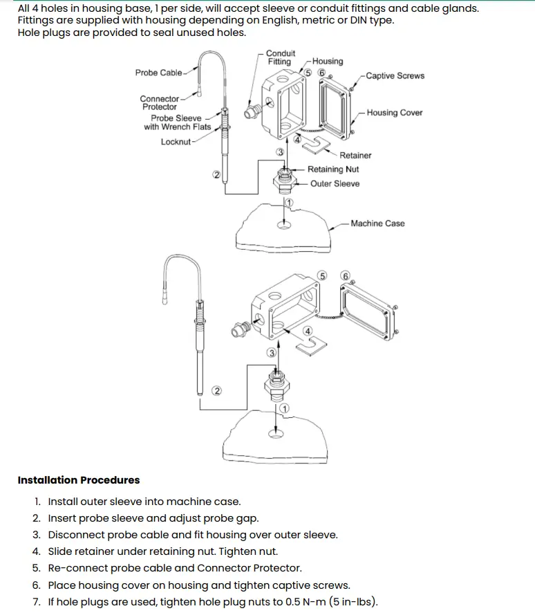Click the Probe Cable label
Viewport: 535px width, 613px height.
pyautogui.click(x=158, y=73)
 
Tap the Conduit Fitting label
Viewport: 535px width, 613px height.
pyautogui.click(x=281, y=57)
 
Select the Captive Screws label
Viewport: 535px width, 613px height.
pyautogui.click(x=395, y=76)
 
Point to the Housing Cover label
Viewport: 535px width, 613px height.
pyautogui.click(x=395, y=113)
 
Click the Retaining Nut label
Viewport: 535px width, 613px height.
pyautogui.click(x=333, y=170)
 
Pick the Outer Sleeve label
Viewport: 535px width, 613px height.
pyautogui.click(x=335, y=184)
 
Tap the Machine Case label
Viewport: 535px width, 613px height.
pyautogui.click(x=377, y=223)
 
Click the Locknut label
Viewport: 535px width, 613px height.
pyautogui.click(x=176, y=142)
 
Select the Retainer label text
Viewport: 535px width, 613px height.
pyautogui.click(x=355, y=155)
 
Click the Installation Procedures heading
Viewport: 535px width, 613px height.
pyautogui.click(x=79, y=480)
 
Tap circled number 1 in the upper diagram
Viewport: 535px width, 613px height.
pyautogui.click(x=289, y=203)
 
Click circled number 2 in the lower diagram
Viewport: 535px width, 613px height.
pyautogui.click(x=217, y=391)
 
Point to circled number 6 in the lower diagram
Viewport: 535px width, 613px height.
pyautogui.click(x=345, y=276)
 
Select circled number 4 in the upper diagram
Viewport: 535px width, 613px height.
pyautogui.click(x=298, y=139)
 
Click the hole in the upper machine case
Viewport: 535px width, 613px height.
pyautogui.click(x=284, y=225)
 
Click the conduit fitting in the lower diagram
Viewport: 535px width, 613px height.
pyautogui.click(x=240, y=329)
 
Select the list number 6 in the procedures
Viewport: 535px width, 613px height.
pyautogui.click(x=37, y=585)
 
